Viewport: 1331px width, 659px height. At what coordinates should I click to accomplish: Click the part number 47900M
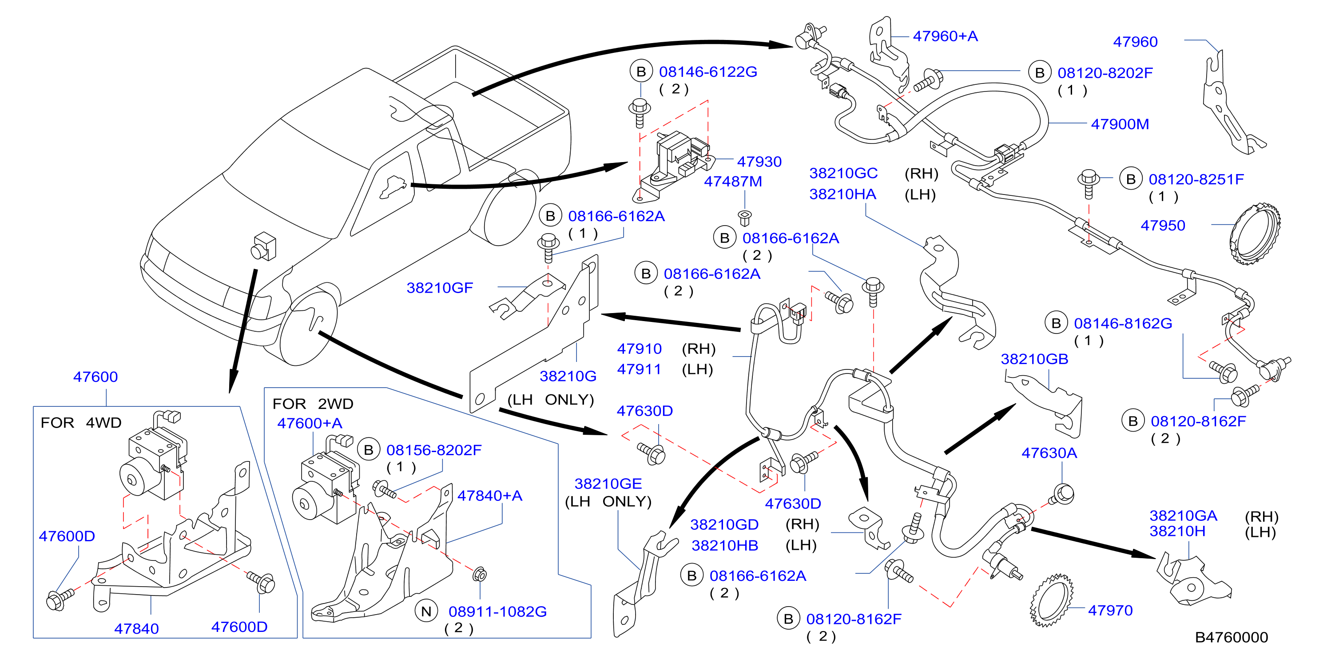coord(1120,124)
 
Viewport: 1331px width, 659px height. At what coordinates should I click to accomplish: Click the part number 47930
coord(759,162)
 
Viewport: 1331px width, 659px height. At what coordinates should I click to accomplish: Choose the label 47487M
coord(733,182)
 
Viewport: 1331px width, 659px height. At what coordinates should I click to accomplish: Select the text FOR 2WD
coord(313,404)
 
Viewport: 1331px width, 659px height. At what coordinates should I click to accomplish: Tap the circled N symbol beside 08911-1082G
coord(426,611)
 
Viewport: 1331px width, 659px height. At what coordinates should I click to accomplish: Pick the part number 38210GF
coord(440,288)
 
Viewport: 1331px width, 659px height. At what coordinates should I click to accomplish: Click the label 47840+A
coord(490,496)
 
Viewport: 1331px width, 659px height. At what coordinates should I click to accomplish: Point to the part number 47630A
coord(1049,453)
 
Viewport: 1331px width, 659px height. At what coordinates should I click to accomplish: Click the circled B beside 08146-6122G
coord(641,72)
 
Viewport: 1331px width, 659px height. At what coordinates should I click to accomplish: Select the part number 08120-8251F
coord(1196,180)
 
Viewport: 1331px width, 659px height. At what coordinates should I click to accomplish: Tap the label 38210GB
coord(1034,359)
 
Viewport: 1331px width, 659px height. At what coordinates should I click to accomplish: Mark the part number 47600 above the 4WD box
coord(95,377)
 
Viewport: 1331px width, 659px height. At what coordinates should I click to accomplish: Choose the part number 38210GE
coord(608,484)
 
